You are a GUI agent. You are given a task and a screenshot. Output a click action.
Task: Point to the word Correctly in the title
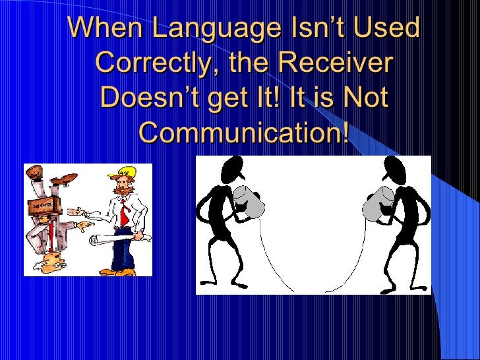(x=150, y=64)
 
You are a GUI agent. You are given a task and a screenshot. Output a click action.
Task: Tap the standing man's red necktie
(x=123, y=209)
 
